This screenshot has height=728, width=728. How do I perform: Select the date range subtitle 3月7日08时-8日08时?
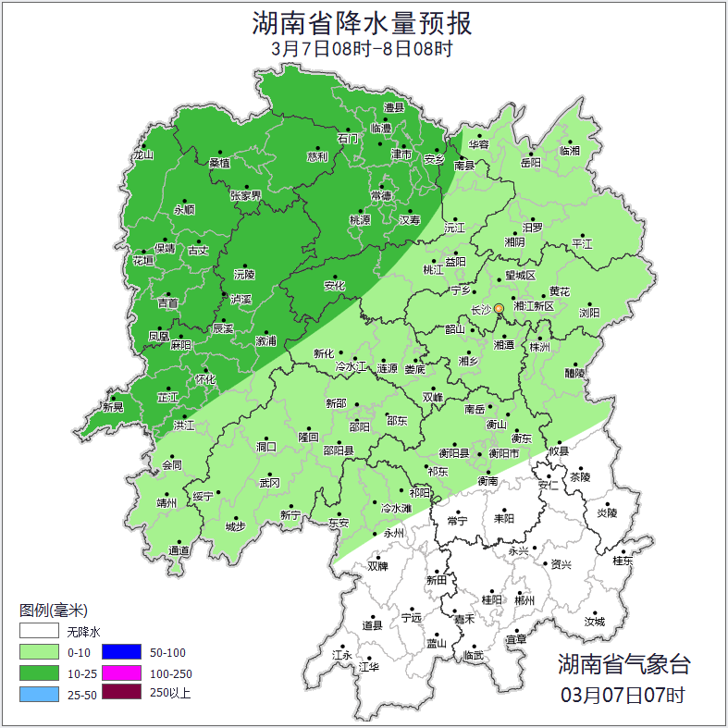click(363, 49)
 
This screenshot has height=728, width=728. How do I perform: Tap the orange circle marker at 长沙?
click(499, 308)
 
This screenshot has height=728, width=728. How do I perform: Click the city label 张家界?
click(245, 196)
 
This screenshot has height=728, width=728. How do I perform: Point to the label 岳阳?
click(530, 163)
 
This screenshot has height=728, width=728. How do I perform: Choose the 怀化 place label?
click(204, 379)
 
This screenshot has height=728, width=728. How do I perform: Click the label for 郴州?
click(524, 600)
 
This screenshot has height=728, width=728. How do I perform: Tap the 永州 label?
click(393, 534)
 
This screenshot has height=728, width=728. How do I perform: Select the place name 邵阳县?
click(338, 451)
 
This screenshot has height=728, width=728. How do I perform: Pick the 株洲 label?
click(539, 348)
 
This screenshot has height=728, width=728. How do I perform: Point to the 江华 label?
click(369, 666)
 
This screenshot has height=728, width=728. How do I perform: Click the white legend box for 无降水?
click(39, 632)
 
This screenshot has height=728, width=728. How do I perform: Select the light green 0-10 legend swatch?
click(39, 653)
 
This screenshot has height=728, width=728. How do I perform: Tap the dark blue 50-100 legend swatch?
click(120, 653)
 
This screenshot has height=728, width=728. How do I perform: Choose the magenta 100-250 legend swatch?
click(120, 673)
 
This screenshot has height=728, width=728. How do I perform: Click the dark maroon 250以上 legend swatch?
click(120, 694)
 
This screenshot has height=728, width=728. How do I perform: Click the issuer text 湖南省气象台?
click(623, 664)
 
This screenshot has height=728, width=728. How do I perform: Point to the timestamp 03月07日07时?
click(623, 694)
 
